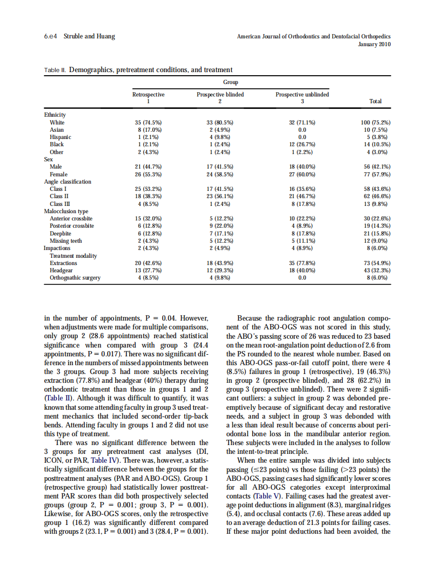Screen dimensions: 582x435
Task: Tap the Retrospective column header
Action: pyautogui.click(x=148, y=94)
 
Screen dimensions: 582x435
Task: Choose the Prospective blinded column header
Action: pyautogui.click(x=220, y=94)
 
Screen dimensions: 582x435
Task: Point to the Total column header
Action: pyautogui.click(x=375, y=101)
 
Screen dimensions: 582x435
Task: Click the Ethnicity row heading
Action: pyautogui.click(x=55, y=115)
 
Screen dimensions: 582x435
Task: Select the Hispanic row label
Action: pyautogui.click(x=60, y=137)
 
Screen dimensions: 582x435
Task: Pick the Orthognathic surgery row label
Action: pyautogui.click(x=75, y=278)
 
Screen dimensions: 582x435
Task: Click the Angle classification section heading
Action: pyautogui.click(x=67, y=182)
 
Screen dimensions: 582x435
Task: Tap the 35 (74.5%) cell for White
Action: pyautogui.click(x=148, y=122)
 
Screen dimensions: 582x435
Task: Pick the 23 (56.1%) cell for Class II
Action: pyautogui.click(x=220, y=197)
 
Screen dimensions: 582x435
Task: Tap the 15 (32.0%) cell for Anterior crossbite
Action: pyautogui.click(x=148, y=218)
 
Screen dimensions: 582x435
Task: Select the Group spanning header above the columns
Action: pyautogui.click(x=230, y=82)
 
